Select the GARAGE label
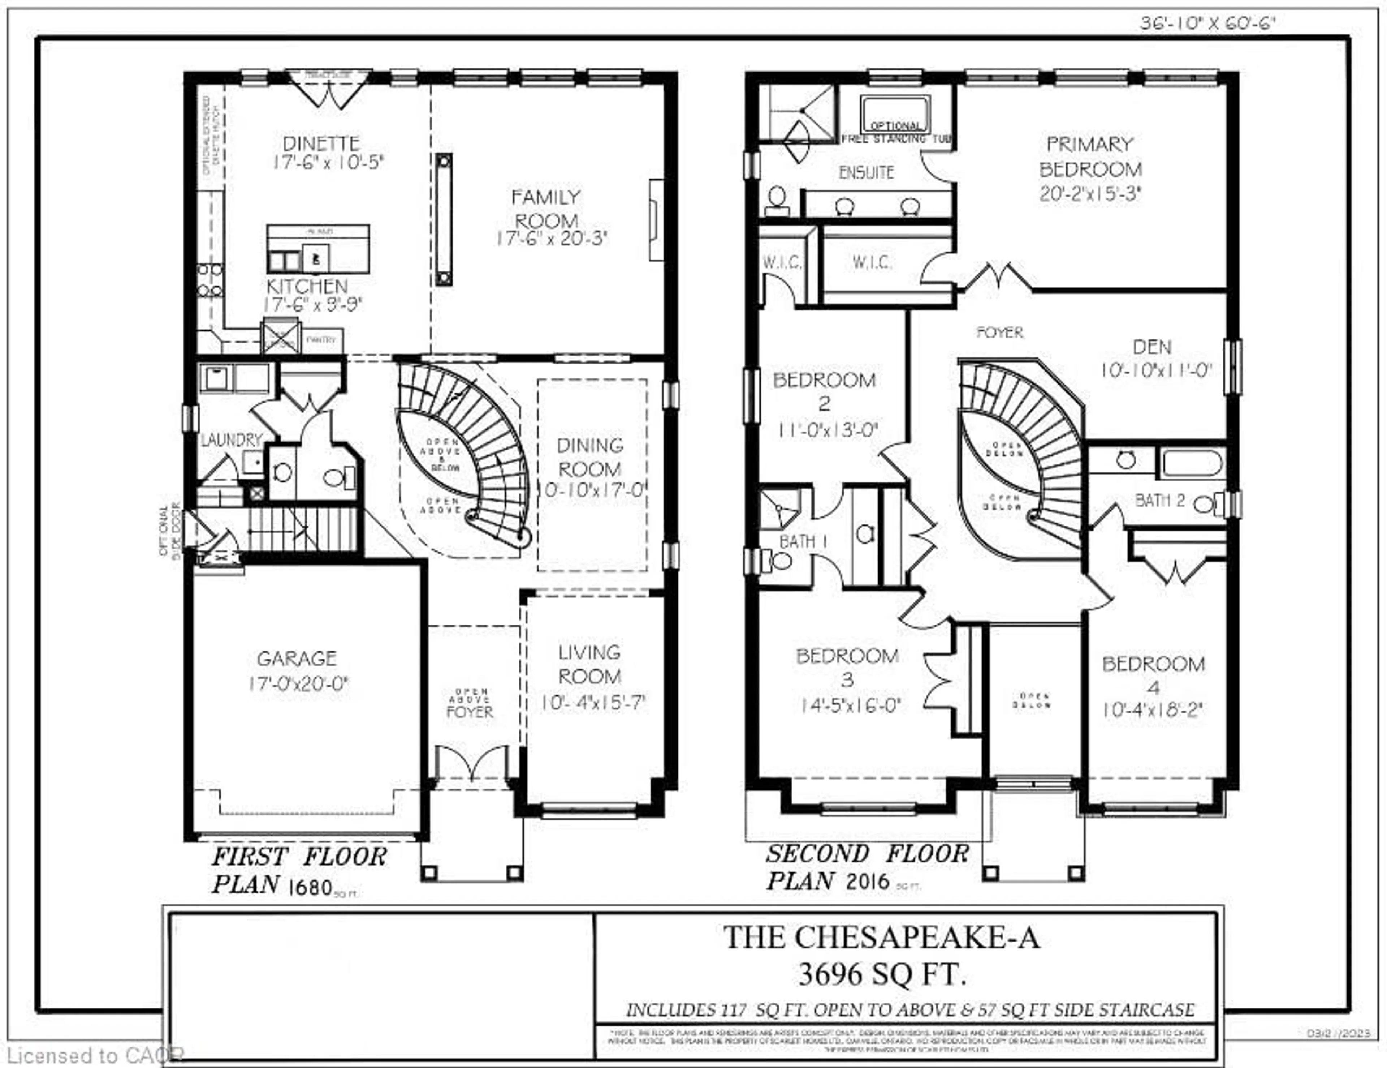click(x=297, y=658)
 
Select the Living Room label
click(x=589, y=664)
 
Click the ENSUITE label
click(x=866, y=172)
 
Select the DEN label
click(x=1152, y=347)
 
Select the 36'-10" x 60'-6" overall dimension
click(x=1207, y=23)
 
